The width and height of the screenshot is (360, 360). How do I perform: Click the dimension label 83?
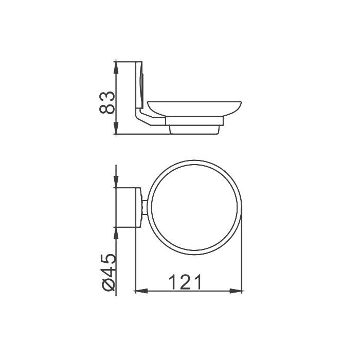(x=107, y=102)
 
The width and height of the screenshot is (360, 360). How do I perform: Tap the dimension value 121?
(x=185, y=282)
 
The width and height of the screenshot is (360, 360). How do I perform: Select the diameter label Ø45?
(x=107, y=273)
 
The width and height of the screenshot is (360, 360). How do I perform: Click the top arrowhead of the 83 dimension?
(x=116, y=67)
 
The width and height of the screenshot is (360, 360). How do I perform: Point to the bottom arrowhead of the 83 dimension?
(x=116, y=128)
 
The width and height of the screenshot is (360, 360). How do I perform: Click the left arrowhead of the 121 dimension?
(x=141, y=291)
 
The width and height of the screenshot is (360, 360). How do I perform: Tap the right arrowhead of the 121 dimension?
(x=236, y=291)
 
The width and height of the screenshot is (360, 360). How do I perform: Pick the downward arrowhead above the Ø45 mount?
(x=116, y=182)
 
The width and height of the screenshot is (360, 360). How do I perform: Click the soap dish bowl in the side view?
(x=194, y=109)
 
